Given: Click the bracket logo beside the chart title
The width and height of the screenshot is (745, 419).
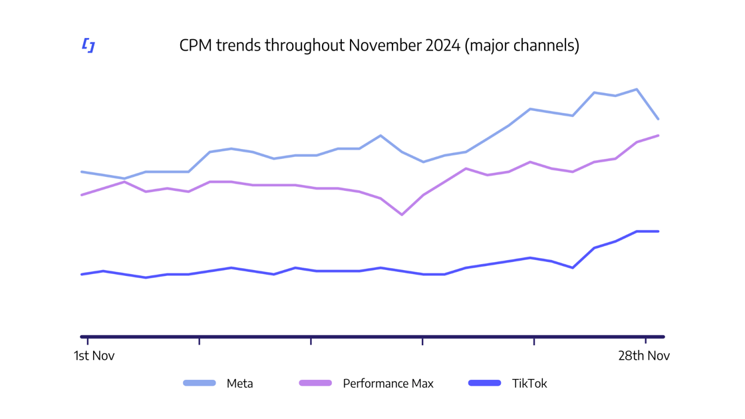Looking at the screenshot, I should [88, 45].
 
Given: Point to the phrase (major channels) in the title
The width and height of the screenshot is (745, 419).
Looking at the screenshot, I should [522, 45].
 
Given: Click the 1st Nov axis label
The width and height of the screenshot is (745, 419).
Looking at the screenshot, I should [94, 356].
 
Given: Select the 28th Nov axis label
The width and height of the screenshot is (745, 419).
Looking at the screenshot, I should [644, 356].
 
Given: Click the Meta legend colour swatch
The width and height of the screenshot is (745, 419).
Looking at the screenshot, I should [200, 383].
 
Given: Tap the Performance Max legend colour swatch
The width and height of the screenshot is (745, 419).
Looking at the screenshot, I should [315, 383].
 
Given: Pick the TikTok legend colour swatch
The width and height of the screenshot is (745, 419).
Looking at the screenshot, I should [484, 383].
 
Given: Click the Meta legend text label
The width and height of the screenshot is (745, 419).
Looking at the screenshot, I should [239, 384].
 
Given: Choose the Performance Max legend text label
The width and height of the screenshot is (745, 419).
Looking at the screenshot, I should [388, 384].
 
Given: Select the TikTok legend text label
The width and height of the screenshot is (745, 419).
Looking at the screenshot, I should [529, 384].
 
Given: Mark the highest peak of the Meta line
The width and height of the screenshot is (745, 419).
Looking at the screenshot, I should [637, 89].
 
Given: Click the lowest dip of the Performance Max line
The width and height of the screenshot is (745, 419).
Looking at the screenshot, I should [402, 215].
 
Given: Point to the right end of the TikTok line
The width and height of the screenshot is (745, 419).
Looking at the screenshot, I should [658, 231].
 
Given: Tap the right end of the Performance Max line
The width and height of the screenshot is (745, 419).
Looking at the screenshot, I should [658, 136].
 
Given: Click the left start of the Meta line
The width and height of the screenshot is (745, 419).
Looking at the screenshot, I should [82, 172].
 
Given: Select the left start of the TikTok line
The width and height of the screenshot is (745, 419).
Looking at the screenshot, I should [82, 274].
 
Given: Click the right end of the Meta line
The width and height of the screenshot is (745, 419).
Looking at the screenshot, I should [658, 119].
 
